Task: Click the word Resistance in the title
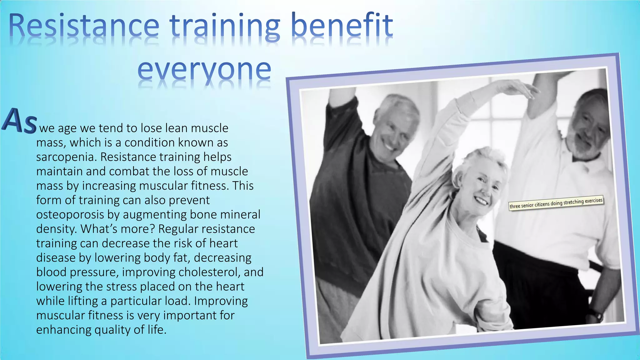84,26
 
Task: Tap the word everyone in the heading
204,69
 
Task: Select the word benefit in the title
342,26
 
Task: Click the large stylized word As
19,121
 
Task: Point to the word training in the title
225,26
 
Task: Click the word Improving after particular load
221,301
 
